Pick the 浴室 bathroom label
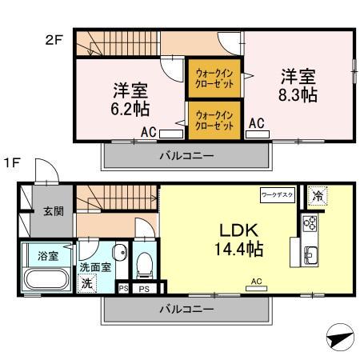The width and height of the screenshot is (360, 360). [48, 256]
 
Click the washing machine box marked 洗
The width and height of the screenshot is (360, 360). [86, 282]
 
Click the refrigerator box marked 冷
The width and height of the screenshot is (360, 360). [318, 194]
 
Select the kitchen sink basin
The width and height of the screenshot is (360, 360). [310, 256]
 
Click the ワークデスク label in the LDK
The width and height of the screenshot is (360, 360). [277, 194]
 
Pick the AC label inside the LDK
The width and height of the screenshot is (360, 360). [256, 282]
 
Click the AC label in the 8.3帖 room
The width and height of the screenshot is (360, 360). [256, 123]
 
